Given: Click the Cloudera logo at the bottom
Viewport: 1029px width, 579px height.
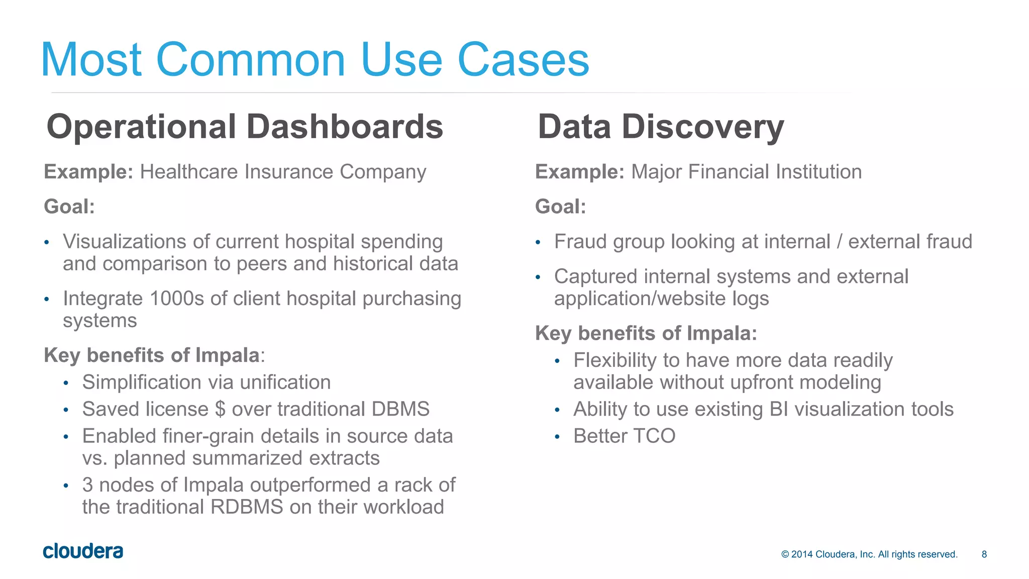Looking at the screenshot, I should click(x=83, y=551).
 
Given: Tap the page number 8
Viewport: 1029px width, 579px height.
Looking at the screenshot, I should click(x=984, y=554).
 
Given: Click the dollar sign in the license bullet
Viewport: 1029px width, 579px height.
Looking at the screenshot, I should click(x=220, y=409).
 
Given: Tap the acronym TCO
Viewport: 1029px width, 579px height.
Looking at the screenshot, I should click(x=652, y=436).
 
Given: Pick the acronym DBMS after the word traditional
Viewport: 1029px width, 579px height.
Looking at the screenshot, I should click(x=400, y=409).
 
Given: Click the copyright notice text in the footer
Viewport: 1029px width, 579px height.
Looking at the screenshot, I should click(x=869, y=554).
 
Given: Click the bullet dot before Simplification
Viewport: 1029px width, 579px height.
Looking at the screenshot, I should click(x=66, y=383).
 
